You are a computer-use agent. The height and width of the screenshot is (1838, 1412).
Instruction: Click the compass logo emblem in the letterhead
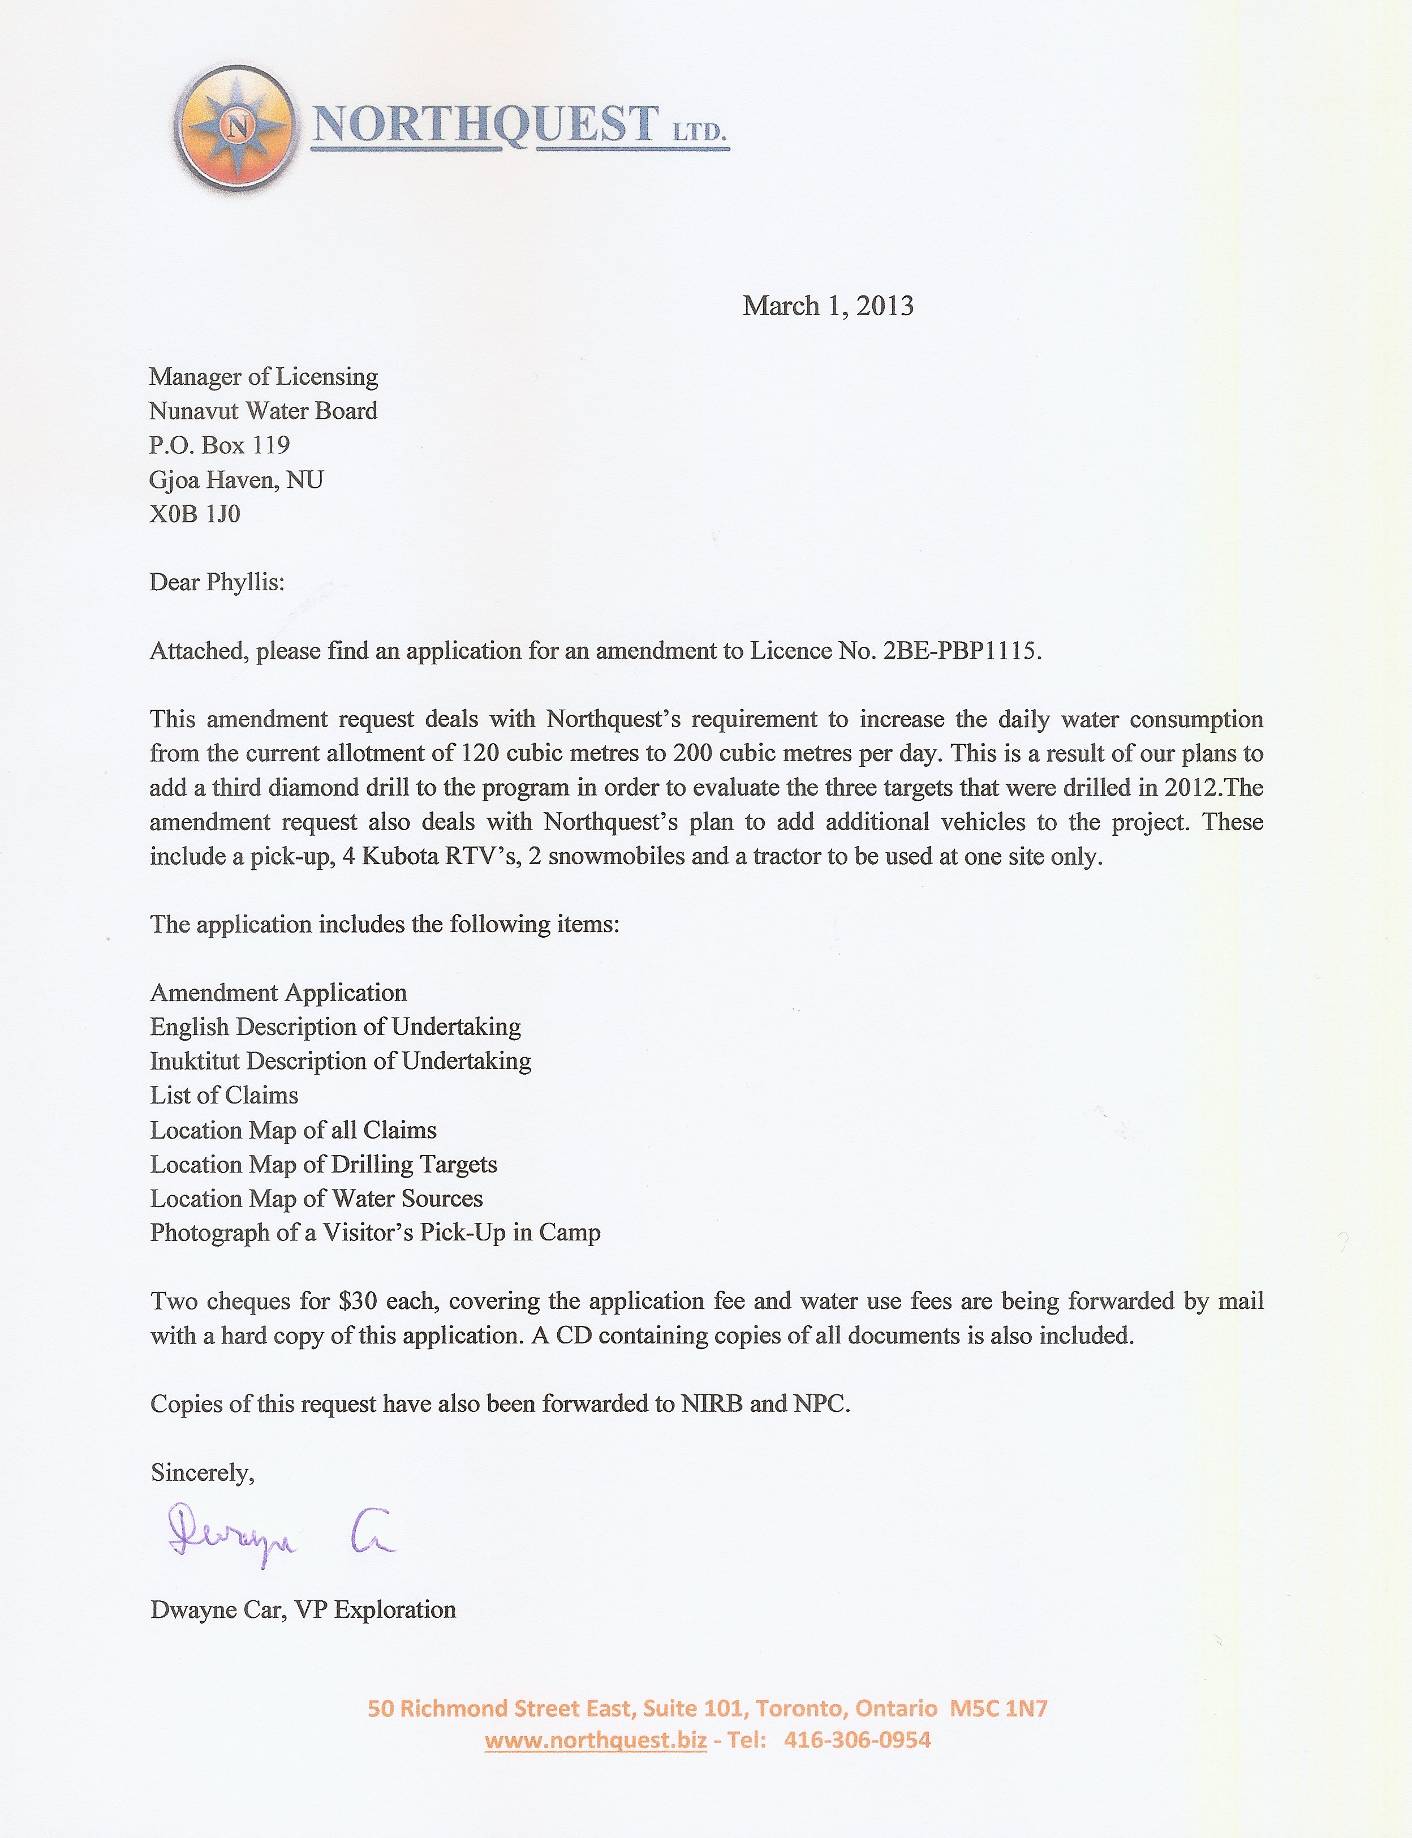pyautogui.click(x=236, y=127)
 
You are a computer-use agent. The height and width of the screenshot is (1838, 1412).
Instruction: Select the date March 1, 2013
pyautogui.click(x=828, y=306)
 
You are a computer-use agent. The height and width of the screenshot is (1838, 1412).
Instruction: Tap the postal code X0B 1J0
pyautogui.click(x=195, y=514)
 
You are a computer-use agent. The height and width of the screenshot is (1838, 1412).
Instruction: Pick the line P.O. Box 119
pyautogui.click(x=219, y=445)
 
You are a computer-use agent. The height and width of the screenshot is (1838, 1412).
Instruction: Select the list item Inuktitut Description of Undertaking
pyautogui.click(x=341, y=1061)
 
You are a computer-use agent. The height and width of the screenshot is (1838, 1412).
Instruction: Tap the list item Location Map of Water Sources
pyautogui.click(x=317, y=1198)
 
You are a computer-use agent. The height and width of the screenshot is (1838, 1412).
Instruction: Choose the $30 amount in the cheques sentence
pyautogui.click(x=358, y=1302)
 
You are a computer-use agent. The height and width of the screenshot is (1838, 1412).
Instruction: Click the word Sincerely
pyautogui.click(x=202, y=1472)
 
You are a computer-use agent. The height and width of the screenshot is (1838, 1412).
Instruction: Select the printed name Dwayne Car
pyautogui.click(x=217, y=1609)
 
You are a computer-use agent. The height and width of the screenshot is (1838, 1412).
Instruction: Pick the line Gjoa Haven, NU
pyautogui.click(x=236, y=479)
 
